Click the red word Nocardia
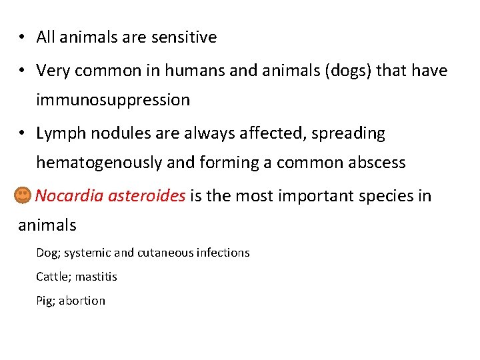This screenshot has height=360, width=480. coord(65,195)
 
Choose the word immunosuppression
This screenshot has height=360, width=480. coord(113,100)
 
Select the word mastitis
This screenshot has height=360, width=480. coord(96,276)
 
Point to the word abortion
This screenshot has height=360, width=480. coord(82,301)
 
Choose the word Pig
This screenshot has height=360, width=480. coord(45,301)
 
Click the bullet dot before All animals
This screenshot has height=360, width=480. coord(22,37)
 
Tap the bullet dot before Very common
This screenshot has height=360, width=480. coord(22,70)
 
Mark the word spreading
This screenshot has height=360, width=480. coord(353,133)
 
